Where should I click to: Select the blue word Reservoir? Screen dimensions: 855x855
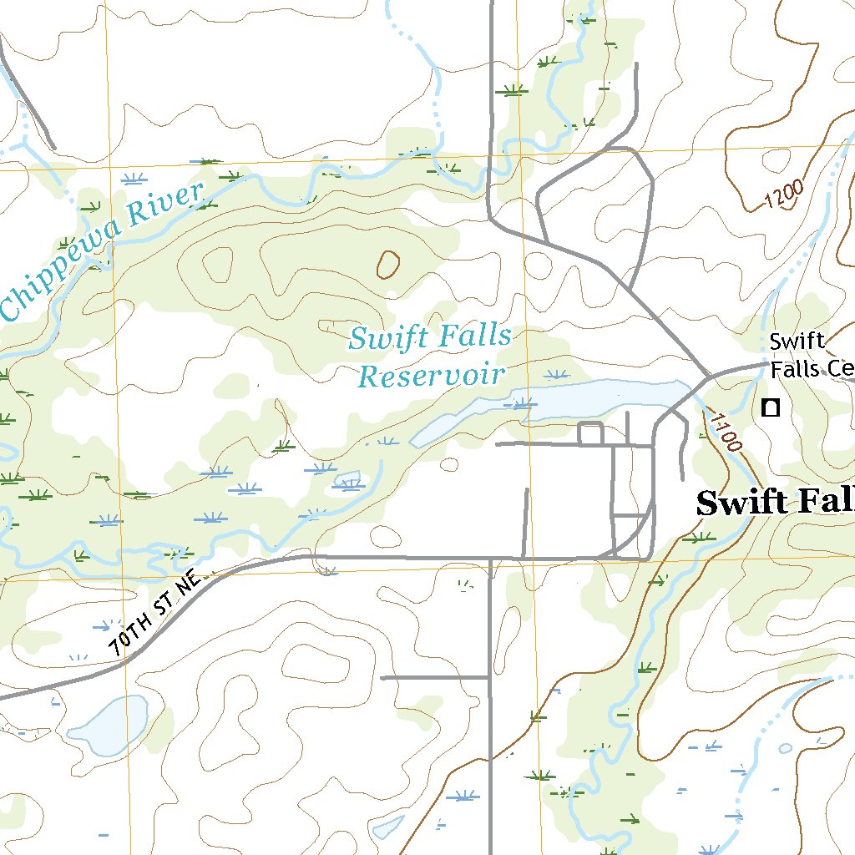click(432, 376)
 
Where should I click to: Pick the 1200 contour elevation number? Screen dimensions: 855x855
click(783, 195)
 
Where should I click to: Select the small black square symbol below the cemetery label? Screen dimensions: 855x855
click(771, 407)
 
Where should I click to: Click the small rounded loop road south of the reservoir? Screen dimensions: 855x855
click(590, 433)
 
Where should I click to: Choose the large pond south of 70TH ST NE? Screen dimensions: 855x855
click(111, 724)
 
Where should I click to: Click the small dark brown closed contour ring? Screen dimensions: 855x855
click(387, 265)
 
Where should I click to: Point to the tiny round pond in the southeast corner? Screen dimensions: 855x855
click(785, 748)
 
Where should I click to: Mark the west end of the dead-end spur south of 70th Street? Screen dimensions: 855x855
click(382, 678)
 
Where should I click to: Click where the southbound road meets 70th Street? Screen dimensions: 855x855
click(490, 558)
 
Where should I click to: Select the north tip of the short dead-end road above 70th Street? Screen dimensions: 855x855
click(526, 489)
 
